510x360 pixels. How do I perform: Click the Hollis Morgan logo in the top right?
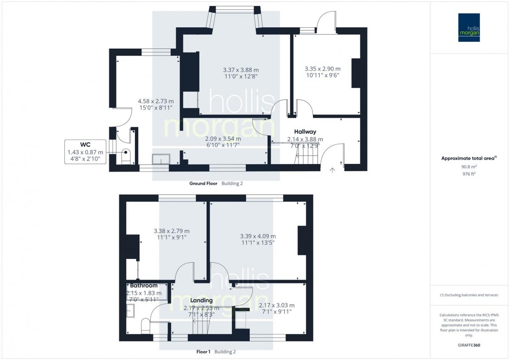point(470,28)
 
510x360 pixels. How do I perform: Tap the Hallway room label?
point(305,132)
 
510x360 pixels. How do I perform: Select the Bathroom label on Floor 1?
point(143,286)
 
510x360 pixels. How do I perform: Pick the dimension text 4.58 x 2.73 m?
point(156,101)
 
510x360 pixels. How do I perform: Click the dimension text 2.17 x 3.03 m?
point(276,305)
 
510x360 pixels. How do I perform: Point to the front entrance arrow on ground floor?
point(332,171)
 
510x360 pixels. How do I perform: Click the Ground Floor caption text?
point(203,183)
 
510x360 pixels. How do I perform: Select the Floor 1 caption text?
point(204,352)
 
